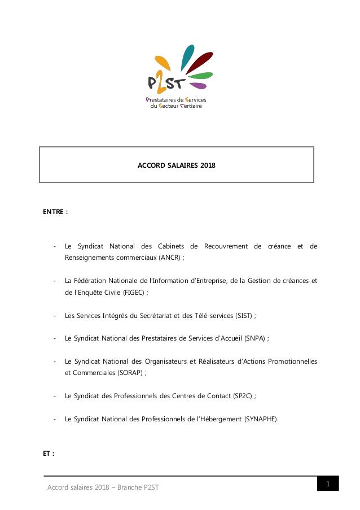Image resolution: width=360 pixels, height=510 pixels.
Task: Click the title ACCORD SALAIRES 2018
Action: (177, 166)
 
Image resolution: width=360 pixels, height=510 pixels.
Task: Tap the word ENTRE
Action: (54, 212)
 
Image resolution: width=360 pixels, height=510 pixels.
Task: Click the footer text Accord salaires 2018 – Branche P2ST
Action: (103, 487)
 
